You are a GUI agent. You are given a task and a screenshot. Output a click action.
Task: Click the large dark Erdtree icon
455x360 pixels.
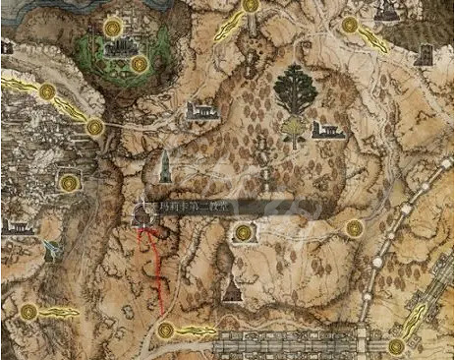pyautogui.click(x=295, y=90)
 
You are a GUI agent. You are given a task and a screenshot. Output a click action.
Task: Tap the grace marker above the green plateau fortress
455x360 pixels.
pyautogui.click(x=112, y=26)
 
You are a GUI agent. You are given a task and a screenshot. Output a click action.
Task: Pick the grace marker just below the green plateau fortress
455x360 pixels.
pyautogui.click(x=139, y=65)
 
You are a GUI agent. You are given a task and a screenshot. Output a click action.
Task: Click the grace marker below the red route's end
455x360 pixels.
pyautogui.click(x=165, y=330)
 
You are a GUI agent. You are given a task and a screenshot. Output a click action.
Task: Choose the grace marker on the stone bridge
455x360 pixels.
pyautogui.click(x=395, y=346)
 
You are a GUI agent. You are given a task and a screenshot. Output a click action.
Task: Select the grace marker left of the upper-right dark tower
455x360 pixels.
pyautogui.click(x=350, y=25)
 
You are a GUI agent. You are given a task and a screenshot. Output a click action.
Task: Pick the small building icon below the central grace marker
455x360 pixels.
pyautogui.click(x=230, y=289)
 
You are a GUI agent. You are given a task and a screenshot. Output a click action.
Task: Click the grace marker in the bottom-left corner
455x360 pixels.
pyautogui.click(x=28, y=312)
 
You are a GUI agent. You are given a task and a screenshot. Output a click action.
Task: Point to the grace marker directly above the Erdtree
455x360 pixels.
pyautogui.click(x=250, y=5)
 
